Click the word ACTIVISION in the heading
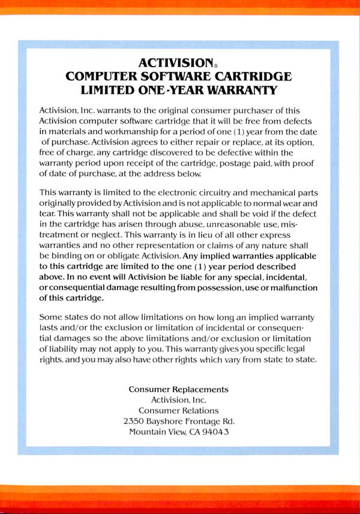click(176, 62)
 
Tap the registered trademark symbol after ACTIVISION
click(216, 65)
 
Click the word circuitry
click(229, 192)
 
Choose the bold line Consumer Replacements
click(179, 389)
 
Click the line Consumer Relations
click(179, 410)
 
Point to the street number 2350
click(135, 421)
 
